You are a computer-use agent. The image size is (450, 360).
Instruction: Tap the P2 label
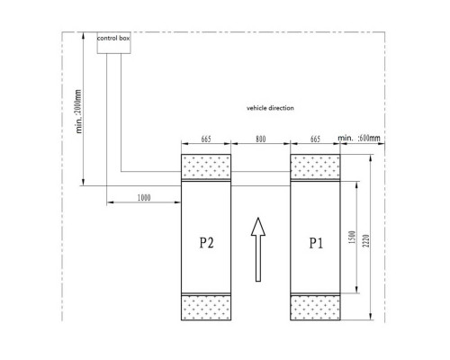point(207,243)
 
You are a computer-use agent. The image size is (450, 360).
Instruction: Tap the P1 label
point(316,243)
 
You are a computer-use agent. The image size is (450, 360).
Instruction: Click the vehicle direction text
point(270,108)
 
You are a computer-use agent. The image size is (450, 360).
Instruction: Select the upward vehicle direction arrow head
point(258,227)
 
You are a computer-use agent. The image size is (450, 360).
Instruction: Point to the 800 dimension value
point(260,139)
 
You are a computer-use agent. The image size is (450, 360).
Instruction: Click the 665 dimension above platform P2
point(206,139)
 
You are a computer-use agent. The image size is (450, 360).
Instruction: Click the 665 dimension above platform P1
point(315,139)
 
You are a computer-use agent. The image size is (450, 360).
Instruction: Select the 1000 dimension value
point(144,198)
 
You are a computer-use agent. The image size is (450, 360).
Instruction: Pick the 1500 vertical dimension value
point(352,237)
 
